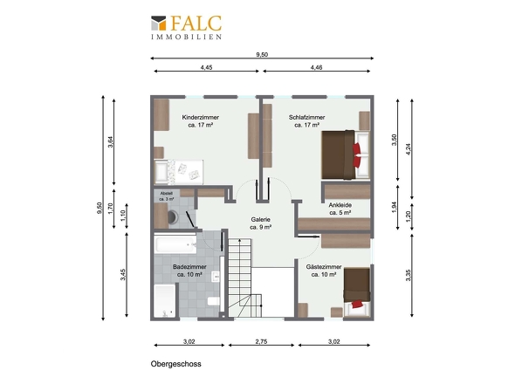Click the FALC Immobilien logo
pos(186,28)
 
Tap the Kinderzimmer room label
pos(201,121)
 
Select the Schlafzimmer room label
pos(306,121)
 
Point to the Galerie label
pos(260,223)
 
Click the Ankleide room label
pos(340,209)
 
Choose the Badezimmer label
pos(189,271)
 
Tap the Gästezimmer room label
pos(324,271)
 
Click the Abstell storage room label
pos(167,196)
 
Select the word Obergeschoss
pos(176,364)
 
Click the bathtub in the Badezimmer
pos(175,244)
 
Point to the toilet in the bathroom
pos(214,300)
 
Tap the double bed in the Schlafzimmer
pos(346,154)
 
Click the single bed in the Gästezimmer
pos(357,291)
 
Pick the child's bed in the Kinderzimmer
pos(179,172)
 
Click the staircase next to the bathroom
pos(244,278)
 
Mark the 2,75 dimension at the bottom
pos(261,341)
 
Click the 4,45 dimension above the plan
pos(206,67)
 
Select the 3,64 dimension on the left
pos(111,142)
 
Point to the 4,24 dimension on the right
pos(409,149)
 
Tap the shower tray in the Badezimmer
pos(165,301)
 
